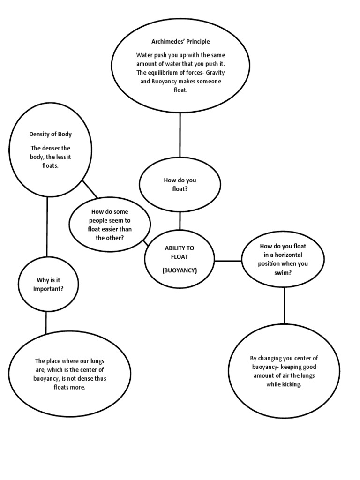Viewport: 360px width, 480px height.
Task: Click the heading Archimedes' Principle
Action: pyautogui.click(x=180, y=42)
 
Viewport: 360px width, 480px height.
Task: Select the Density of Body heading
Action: pyautogui.click(x=51, y=134)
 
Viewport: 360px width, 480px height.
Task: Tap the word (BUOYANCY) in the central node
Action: pyautogui.click(x=180, y=270)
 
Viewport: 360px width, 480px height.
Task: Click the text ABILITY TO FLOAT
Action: pyautogui.click(x=180, y=252)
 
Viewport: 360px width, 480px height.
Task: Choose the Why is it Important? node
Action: pyautogui.click(x=47, y=285)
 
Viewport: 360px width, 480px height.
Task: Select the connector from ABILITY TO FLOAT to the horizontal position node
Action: pyautogui.click(x=228, y=260)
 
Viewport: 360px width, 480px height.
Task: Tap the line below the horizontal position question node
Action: pyautogui.click(x=284, y=305)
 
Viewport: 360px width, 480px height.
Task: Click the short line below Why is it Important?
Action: pyautogui.click(x=46, y=323)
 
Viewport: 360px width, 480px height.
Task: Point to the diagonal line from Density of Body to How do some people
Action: pyautogui.click(x=90, y=189)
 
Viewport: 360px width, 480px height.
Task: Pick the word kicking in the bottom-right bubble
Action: pyautogui.click(x=291, y=384)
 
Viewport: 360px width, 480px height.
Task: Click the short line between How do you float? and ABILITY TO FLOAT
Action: pyautogui.click(x=180, y=220)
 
